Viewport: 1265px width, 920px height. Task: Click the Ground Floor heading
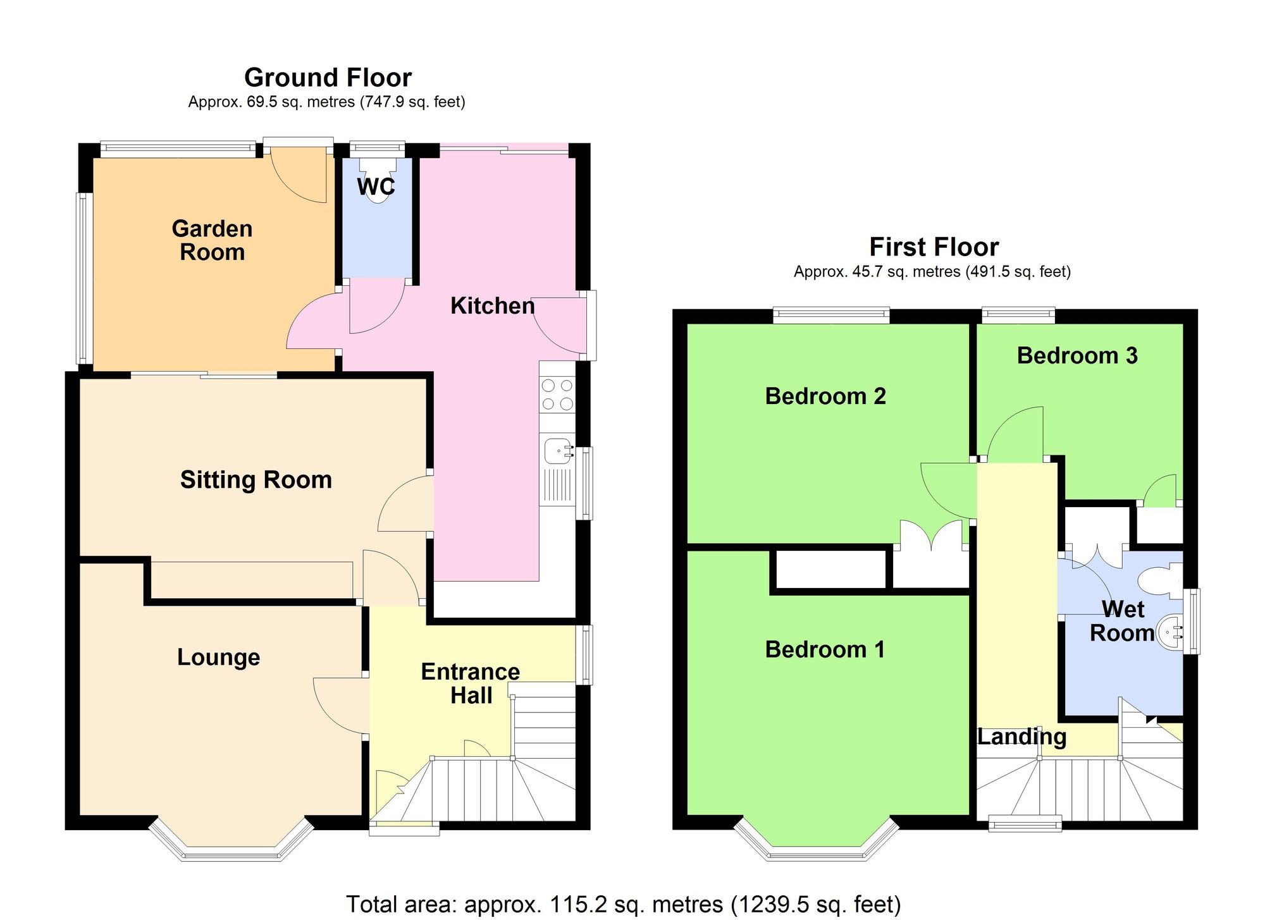(328, 78)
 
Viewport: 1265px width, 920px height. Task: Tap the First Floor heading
(934, 247)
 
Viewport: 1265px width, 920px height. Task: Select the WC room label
(376, 187)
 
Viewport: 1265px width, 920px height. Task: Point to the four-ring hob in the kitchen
(557, 395)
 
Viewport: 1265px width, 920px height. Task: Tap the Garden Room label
(212, 240)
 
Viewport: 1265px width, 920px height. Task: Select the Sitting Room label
(256, 479)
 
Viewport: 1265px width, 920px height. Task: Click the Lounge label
(218, 657)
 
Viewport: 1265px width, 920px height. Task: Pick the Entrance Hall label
(470, 683)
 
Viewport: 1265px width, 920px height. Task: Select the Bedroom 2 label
(825, 396)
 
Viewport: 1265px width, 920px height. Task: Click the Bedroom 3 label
(1077, 355)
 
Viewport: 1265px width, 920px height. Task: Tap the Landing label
(1021, 737)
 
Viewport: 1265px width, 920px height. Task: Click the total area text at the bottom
(623, 904)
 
